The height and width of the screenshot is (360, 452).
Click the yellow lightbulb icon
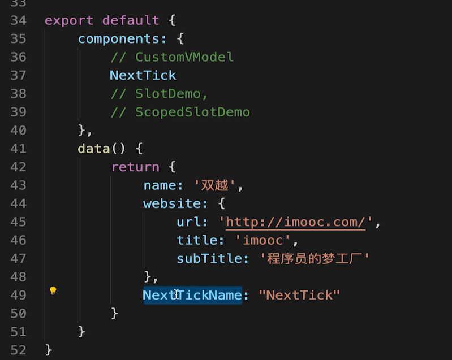53,291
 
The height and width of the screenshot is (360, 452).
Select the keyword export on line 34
68,21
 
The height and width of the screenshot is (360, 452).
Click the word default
131,21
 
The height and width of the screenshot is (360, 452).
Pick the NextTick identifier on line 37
143,75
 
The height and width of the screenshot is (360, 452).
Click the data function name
93,149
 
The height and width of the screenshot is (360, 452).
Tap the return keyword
135,167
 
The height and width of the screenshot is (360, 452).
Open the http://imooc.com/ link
296,222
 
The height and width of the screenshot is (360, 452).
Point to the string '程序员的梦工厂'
315,259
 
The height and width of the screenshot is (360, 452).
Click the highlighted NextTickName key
192,295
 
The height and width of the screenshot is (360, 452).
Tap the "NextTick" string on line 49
299,295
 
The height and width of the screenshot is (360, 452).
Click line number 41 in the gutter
19,149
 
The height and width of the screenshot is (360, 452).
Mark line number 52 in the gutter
19,350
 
